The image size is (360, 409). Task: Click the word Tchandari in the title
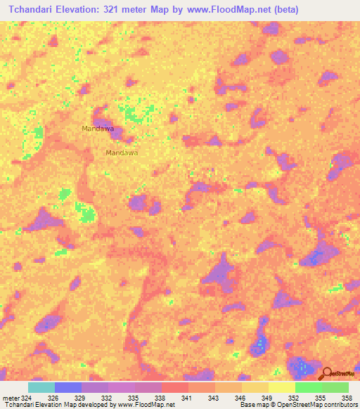32,10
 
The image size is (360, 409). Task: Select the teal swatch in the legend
41,387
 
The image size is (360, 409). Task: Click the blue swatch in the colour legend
68,387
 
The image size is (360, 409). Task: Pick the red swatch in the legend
175,387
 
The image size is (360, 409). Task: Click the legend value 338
160,398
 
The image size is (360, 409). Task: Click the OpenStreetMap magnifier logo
326,373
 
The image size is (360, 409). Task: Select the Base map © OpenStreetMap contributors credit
297,405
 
